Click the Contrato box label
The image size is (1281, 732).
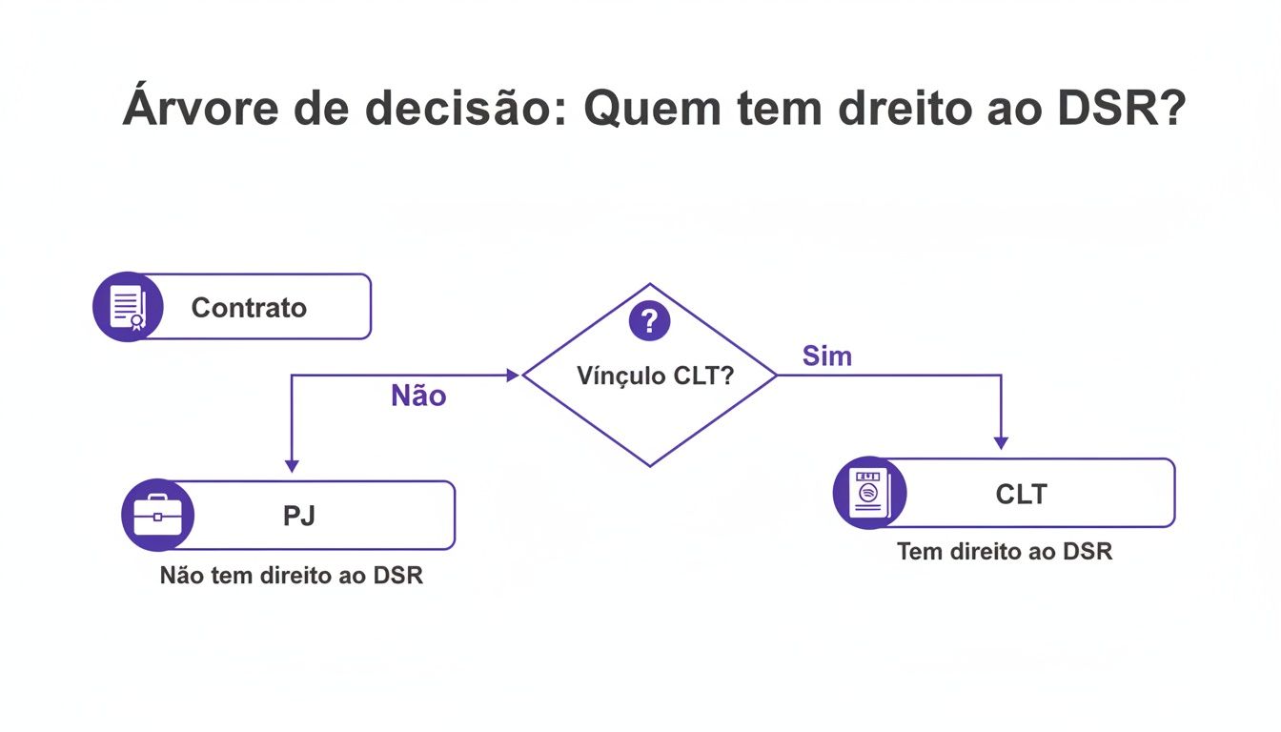pos(249,308)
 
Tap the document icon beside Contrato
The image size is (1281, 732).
pos(126,307)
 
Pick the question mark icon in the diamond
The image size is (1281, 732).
pos(650,321)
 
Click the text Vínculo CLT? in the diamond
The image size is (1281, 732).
pos(655,376)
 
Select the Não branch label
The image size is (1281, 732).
pos(418,396)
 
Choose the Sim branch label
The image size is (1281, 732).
pos(826,356)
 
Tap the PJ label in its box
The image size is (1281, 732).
pos(298,516)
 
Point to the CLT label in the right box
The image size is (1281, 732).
pos(1021,494)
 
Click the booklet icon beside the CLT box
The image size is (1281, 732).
pos(867,493)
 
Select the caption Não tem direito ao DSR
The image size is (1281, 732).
pos(292,576)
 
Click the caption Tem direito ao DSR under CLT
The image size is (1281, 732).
pos(1005,551)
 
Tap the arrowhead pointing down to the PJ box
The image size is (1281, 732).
pos(292,465)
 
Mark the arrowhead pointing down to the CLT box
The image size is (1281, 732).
pos(1001,442)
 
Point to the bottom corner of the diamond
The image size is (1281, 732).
pos(650,465)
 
